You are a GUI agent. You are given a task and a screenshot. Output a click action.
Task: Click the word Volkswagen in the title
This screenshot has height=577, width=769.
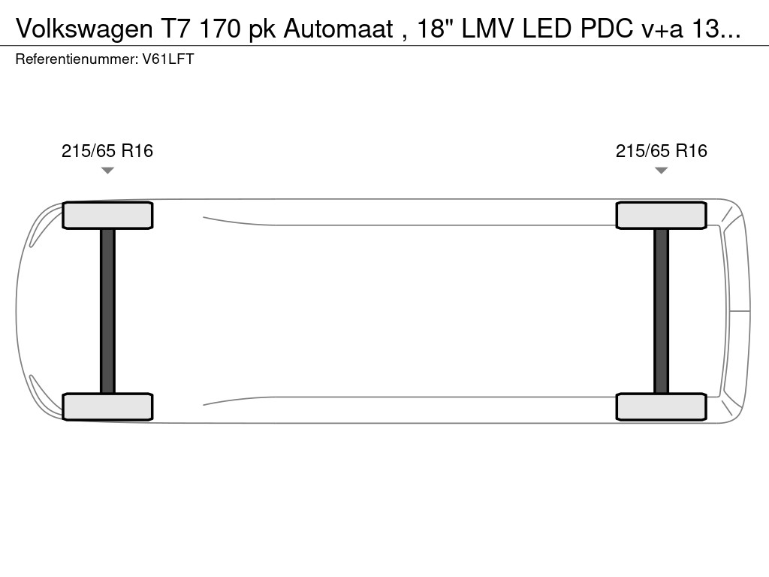[84, 29]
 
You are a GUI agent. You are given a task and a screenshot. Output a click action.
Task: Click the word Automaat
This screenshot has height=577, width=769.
[339, 29]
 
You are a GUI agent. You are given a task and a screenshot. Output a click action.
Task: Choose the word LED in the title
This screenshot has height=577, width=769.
[547, 29]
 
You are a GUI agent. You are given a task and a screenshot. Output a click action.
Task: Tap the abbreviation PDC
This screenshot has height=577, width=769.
[607, 29]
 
